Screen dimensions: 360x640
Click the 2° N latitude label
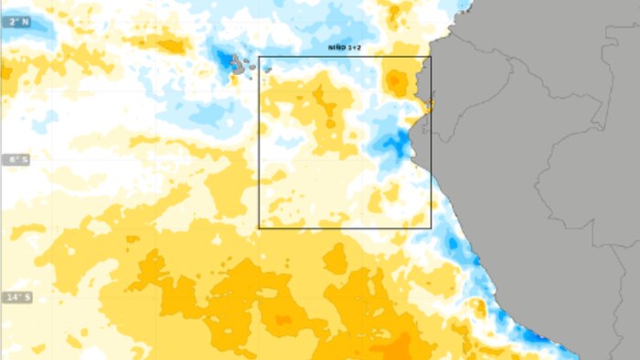pos(16,21)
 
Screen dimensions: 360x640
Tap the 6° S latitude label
pos(16,160)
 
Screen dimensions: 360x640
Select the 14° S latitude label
pos(16,298)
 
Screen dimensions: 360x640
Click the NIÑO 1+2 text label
pos(345,46)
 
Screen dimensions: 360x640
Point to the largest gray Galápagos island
pos(238,65)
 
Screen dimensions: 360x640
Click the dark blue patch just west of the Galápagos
pos(223,60)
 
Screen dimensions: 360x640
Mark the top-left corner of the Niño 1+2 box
pos(260,58)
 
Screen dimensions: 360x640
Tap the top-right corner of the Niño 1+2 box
pos(431,58)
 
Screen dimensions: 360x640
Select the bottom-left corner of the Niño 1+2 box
pos(260,228)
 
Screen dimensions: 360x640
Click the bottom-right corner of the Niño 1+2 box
pos(431,228)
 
